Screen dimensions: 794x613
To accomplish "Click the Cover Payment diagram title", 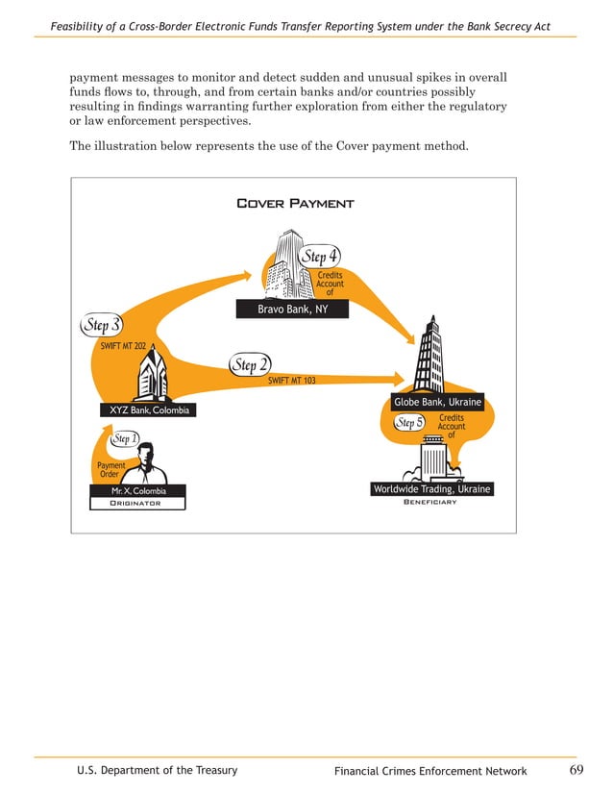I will [294, 203].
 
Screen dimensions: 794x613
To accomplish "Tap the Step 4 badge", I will [318, 257].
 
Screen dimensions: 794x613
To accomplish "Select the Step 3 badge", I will [100, 324].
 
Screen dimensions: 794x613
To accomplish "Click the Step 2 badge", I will [250, 365].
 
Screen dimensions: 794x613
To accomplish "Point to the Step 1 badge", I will [123, 439].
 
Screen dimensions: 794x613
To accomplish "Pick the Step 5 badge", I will [409, 423].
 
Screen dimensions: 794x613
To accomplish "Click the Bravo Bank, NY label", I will [292, 310].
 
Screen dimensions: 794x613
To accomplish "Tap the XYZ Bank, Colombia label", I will [149, 410].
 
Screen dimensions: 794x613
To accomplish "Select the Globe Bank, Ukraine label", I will [437, 402].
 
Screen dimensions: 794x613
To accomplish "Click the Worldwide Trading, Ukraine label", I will [431, 489].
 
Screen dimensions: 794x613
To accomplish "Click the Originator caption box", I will [134, 503].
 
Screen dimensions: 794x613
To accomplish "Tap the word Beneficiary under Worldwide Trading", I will [429, 502].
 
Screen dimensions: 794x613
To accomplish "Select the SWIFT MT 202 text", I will [123, 344].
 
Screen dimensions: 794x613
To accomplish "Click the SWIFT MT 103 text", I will [291, 381].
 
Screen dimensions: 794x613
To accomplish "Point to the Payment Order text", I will [110, 469].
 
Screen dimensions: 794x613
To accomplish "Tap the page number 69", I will [576, 770].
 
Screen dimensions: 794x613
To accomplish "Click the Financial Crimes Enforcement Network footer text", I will [430, 771].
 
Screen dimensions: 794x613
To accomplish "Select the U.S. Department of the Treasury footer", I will [158, 770].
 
